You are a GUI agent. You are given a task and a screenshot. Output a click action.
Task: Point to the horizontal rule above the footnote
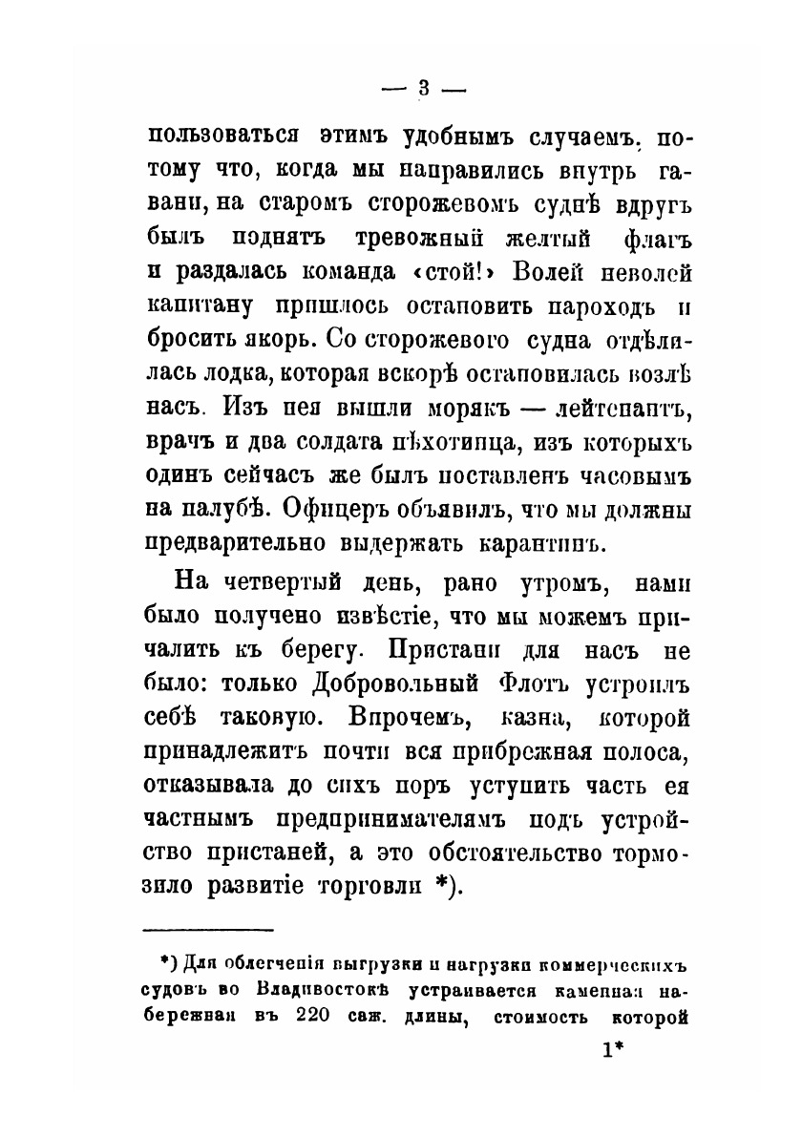pos(207,929)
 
